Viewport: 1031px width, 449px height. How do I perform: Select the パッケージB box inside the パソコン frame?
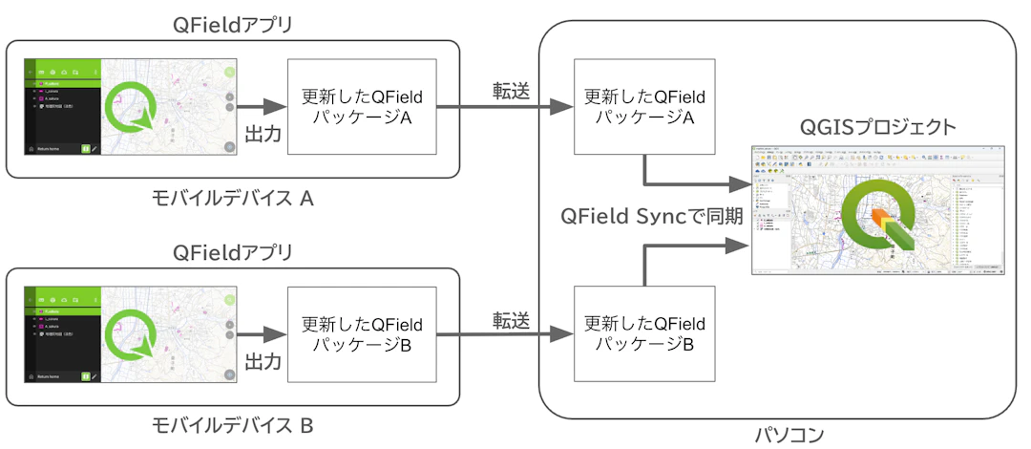[644, 333]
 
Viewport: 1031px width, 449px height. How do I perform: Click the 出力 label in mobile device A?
[263, 134]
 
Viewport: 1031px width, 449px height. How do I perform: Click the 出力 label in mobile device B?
[263, 362]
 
